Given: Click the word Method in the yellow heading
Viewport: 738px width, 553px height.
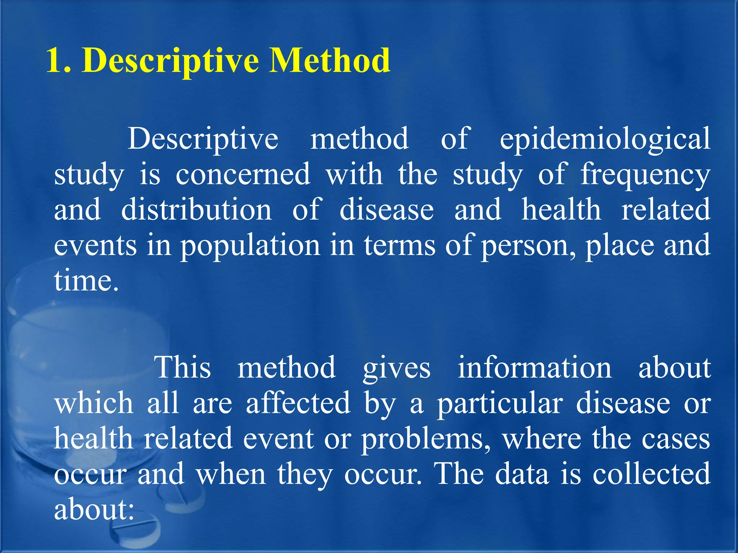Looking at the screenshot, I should coord(330,60).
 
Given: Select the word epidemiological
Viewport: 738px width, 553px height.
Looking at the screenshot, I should coord(605,139).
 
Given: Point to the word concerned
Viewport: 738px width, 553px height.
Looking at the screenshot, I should coord(243,174).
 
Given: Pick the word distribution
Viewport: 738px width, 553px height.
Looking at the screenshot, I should coord(196,210).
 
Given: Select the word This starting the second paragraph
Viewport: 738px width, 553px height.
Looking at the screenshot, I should coord(183,367).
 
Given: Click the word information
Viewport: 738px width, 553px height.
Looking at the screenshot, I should coord(534,367).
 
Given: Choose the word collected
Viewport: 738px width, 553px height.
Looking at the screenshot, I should coord(652,474).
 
